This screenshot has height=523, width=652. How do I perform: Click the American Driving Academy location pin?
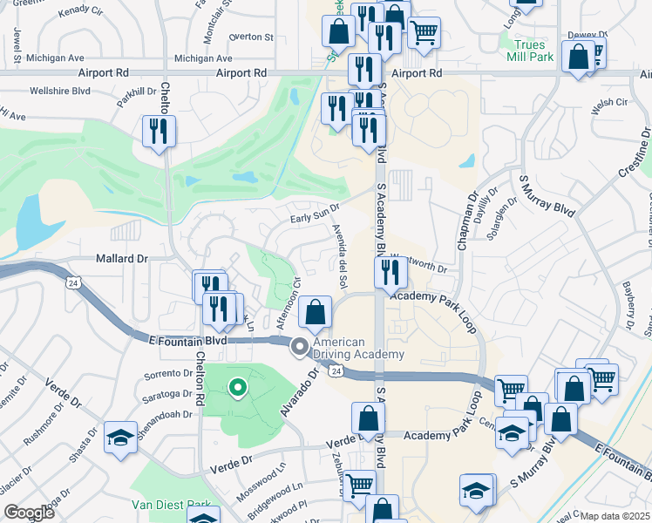coord(301,347)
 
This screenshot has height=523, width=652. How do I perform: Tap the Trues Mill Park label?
coord(529,51)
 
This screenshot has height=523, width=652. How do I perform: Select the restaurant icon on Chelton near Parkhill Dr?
coord(159,132)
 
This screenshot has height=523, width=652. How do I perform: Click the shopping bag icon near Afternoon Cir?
coord(315,311)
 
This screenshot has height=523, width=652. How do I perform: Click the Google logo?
coord(29,513)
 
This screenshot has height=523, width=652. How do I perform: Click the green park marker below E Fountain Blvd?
coord(236,388)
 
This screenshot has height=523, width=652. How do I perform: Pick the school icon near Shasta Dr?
coord(120,436)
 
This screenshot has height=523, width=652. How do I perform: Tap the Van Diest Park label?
coord(171,505)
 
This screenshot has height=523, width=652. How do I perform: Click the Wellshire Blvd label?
coord(60,90)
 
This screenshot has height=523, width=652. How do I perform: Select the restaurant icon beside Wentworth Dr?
coord(390,273)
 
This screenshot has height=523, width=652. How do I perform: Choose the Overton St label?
coord(251,37)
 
